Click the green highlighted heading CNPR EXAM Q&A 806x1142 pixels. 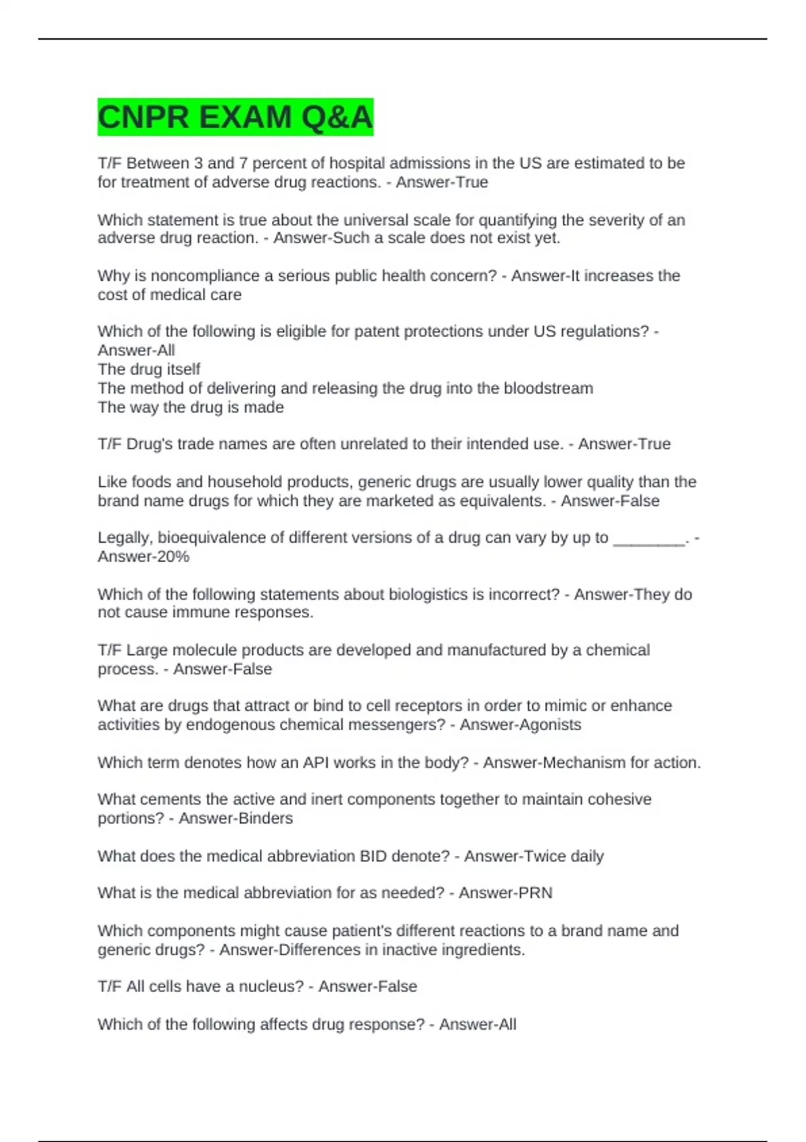click(x=235, y=117)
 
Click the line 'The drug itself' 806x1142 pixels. click(x=149, y=369)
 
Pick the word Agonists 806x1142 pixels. click(x=549, y=725)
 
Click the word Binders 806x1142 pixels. click(x=265, y=818)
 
